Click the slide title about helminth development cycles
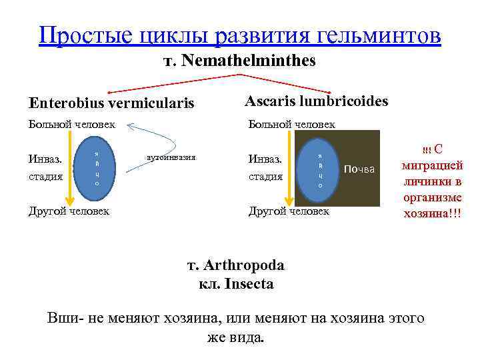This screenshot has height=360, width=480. coord(240,35)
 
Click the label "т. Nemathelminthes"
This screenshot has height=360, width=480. coord(240,61)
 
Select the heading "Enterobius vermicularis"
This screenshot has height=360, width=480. coord(111,103)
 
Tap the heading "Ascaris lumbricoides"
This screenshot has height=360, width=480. coord(316,101)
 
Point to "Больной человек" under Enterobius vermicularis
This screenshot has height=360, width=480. coord(71,124)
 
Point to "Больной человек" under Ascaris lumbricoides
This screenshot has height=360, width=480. coord(291,124)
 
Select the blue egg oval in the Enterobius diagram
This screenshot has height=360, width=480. coord(97,168)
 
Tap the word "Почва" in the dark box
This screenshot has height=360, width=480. coord(359,169)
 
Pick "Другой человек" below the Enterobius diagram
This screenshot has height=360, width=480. coord(69,211)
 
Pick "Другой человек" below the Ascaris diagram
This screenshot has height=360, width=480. coord(289,211)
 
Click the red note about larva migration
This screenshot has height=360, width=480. coord(433,181)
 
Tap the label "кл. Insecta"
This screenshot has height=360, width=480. coord(236,284)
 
